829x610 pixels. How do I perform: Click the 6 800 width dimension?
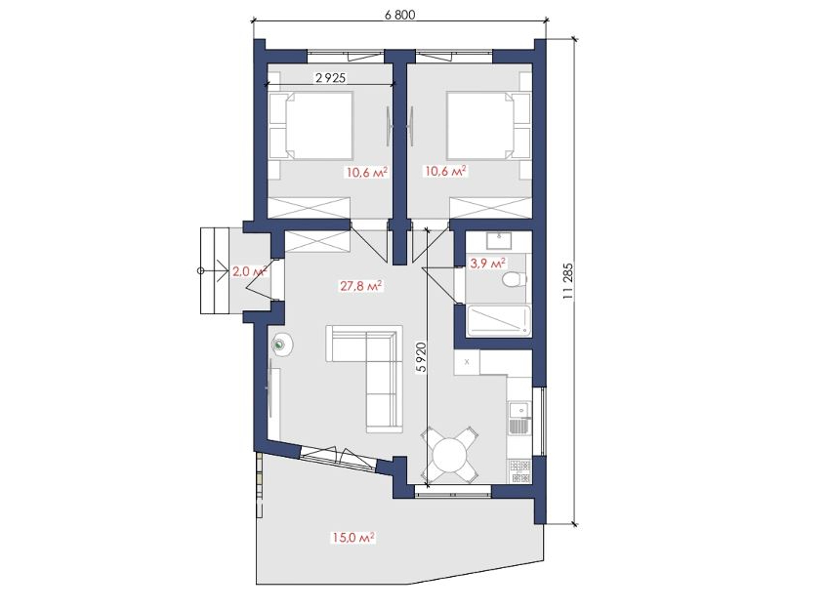400,15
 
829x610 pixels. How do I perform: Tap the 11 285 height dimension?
568,282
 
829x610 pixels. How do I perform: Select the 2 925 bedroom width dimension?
330,78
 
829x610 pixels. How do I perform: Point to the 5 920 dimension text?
421,358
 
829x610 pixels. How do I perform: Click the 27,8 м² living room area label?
361,286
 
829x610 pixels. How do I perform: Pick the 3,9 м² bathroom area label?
487,263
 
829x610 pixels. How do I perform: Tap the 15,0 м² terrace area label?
353,538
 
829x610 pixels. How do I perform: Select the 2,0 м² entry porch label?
249,271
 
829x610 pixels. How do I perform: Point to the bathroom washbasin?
499,241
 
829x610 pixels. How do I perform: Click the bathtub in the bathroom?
498,320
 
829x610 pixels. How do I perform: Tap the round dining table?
450,454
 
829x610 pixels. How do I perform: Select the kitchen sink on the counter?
519,418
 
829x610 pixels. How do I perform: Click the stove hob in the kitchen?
519,471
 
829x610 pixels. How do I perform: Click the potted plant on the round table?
279,345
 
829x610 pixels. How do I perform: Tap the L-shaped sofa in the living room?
365,378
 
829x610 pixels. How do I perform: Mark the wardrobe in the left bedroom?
310,207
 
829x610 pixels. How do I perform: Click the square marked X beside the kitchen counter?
467,362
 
